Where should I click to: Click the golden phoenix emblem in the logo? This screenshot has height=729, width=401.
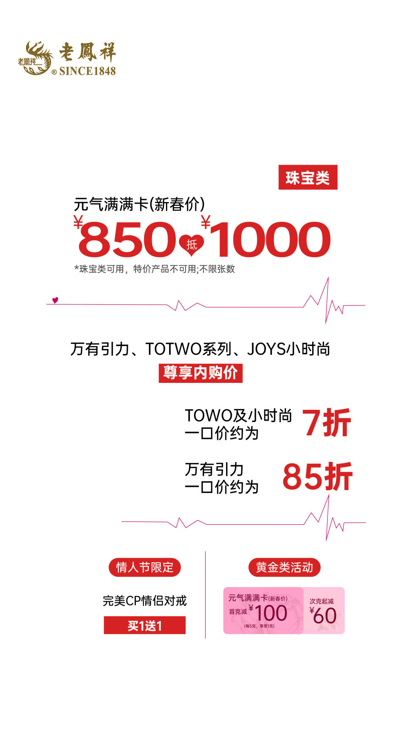coord(36,58)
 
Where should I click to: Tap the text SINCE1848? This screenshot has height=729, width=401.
coord(87,71)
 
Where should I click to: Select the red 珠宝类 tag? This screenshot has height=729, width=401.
coord(308,177)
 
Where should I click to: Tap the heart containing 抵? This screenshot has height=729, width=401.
coord(192,244)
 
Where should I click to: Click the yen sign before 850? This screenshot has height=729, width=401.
coord(78,222)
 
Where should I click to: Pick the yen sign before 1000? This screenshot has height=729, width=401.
coord(206,222)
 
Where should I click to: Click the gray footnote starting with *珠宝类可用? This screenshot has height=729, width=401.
coord(155,269)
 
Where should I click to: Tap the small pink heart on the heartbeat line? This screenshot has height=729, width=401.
coord(55,300)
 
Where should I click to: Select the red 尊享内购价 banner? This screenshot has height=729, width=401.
coord(200,373)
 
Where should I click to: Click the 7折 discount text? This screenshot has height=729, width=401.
coord(326,423)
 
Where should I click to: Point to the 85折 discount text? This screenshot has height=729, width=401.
coord(317,477)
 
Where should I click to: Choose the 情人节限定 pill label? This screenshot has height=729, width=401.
coord(144,567)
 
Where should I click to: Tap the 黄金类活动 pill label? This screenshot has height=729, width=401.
coord(284,567)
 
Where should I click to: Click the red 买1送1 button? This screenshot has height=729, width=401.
coord(145,625)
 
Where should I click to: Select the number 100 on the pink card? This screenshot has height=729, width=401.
coord(271,613)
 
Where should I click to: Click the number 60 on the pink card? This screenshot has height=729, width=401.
coord(325,616)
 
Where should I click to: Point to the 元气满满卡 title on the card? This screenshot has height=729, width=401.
coord(248,598)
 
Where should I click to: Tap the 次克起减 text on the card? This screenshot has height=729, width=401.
coord(322,601)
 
